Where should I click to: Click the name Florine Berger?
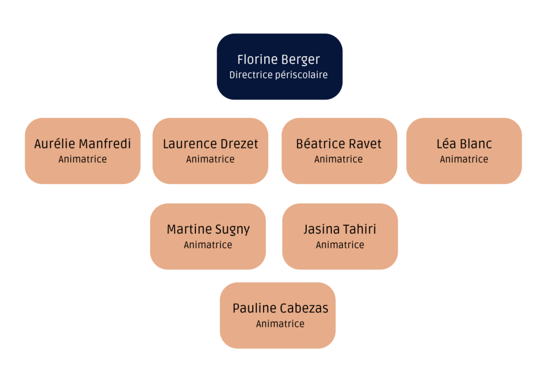coord(278,59)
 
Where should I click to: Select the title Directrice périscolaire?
coord(278,75)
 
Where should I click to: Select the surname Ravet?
coord(364,144)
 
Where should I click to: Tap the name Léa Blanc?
coord(464,144)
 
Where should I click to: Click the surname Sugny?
coord(233,230)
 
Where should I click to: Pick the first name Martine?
coord(190,229)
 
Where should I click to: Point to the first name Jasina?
coord(321,229)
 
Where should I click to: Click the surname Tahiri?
coord(359,229)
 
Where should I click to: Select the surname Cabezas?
coord(305,308)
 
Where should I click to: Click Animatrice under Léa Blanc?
coord(464,159)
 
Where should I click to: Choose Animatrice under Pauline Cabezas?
coord(280,324)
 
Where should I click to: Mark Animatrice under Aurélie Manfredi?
coord(83,159)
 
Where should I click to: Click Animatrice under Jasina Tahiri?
coord(340,245)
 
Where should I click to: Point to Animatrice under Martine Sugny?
coord(208,245)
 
